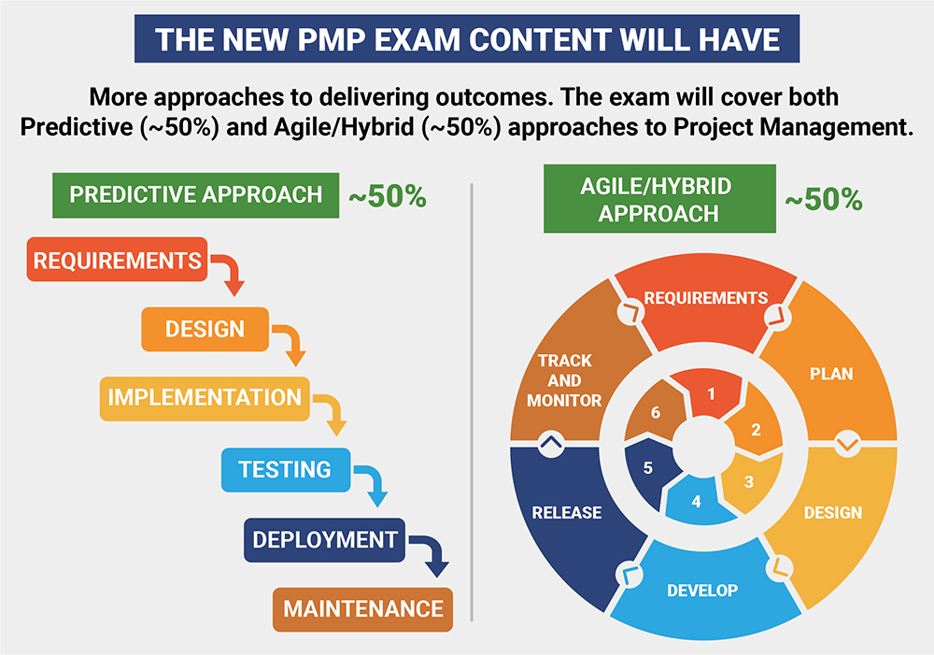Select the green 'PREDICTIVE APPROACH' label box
pyautogui.click(x=195, y=194)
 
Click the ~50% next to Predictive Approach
pyautogui.click(x=387, y=197)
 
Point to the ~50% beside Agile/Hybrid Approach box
pyautogui.click(x=822, y=200)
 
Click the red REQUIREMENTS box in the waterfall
pyautogui.click(x=117, y=261)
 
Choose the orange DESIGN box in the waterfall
pyautogui.click(x=205, y=329)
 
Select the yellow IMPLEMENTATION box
pyautogui.click(x=204, y=397)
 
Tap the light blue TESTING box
pyautogui.click(x=284, y=469)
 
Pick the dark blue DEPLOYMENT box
pyautogui.click(x=324, y=540)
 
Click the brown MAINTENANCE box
pyautogui.click(x=362, y=610)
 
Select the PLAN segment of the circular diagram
pyautogui.click(x=829, y=374)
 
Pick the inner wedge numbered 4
pyautogui.click(x=695, y=501)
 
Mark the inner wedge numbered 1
pyautogui.click(x=711, y=393)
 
